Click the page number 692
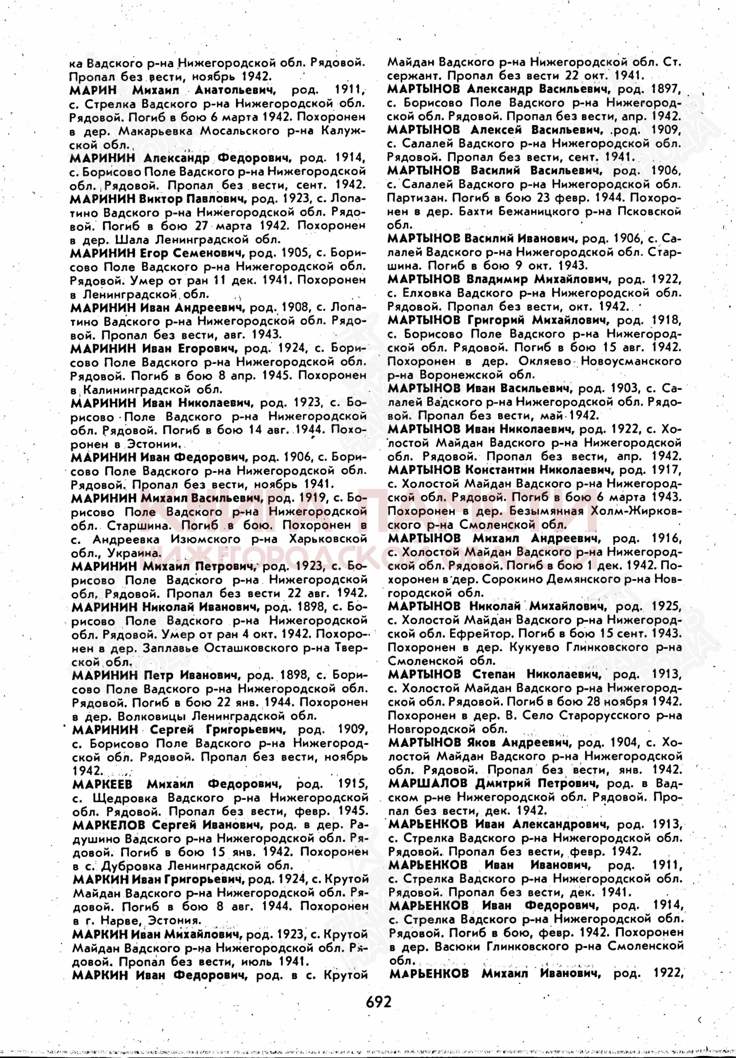point(378,1001)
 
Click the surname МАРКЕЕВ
point(103,783)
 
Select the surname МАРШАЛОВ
point(427,783)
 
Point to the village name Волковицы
point(152,716)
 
